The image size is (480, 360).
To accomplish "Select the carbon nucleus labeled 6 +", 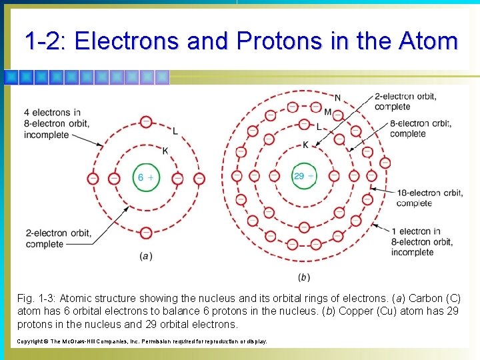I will tap(145, 177).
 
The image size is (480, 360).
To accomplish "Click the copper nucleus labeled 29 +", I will tap(304, 176).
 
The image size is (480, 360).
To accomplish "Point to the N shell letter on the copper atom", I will tap(337, 98).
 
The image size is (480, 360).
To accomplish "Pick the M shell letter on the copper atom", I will tap(327, 111).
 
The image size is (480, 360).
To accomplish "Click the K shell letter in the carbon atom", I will tap(165, 151).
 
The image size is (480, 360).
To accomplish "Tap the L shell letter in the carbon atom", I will tap(175, 130).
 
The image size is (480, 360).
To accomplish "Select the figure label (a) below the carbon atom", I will tap(146, 256).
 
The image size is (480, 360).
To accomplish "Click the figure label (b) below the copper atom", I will tap(304, 277).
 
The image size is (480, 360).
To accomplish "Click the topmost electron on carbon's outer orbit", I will tap(146, 121).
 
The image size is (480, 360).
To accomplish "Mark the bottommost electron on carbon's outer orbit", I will tap(146, 233).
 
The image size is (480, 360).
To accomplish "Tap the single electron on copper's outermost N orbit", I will tap(385, 162).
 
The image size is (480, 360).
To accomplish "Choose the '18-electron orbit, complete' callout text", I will tap(429, 198).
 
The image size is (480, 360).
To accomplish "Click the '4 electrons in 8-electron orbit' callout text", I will tap(57, 123).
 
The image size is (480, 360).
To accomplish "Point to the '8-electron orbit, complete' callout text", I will tap(419, 129).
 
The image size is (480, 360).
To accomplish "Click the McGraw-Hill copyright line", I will tap(141, 341).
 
